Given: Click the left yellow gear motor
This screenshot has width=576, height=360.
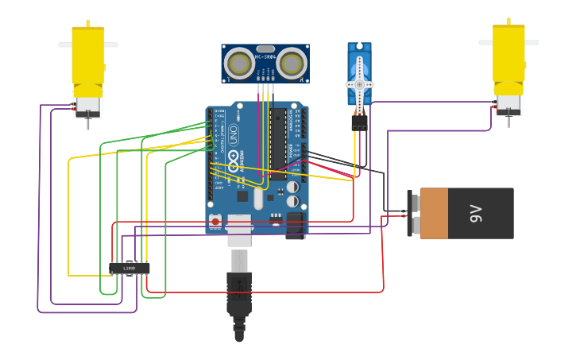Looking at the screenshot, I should point(87,57).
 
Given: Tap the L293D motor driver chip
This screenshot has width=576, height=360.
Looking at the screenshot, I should point(129,269).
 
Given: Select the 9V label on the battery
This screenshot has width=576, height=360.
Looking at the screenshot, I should point(476,213).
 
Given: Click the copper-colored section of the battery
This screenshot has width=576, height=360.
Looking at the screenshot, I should point(435,213).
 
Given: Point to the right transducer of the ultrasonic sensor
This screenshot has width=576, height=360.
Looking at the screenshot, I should point(292,64).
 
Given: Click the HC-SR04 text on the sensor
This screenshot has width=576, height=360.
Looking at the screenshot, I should point(265,56).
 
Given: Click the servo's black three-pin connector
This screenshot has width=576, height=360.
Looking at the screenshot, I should point(359,123).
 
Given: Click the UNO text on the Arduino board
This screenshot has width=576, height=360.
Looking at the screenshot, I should point(234,135).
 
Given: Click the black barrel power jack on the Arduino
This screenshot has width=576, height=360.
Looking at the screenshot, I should point(296,225).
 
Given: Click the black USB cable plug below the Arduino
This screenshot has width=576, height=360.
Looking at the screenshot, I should point(239,294).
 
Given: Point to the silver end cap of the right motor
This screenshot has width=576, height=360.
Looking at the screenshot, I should point(508,103).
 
